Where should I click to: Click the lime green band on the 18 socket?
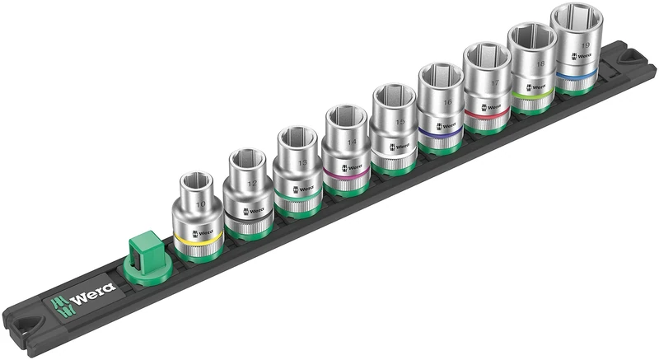pyautogui.click(x=534, y=98)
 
